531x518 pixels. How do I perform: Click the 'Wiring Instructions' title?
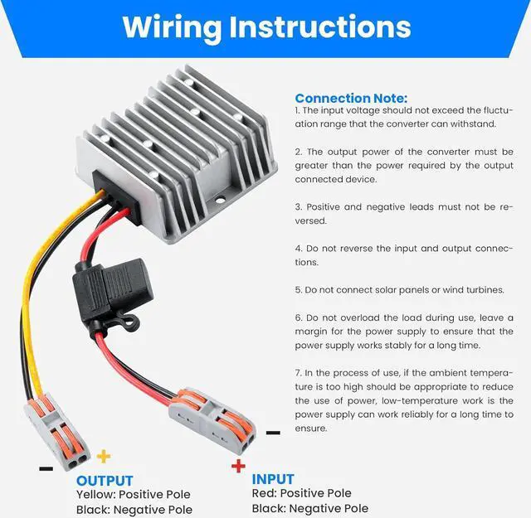[265, 27]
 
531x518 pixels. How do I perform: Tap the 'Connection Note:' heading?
[350, 98]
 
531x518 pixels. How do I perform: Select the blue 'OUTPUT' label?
[105, 481]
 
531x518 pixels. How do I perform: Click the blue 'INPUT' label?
[272, 479]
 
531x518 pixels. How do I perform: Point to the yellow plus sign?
[104, 455]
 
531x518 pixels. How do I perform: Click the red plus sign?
[238, 466]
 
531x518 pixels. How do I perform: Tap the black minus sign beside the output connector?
[46, 468]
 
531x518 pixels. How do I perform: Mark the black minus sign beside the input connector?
[273, 432]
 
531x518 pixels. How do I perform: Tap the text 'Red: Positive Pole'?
[301, 494]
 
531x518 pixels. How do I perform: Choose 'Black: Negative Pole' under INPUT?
[309, 508]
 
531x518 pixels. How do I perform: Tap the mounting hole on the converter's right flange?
[222, 198]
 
